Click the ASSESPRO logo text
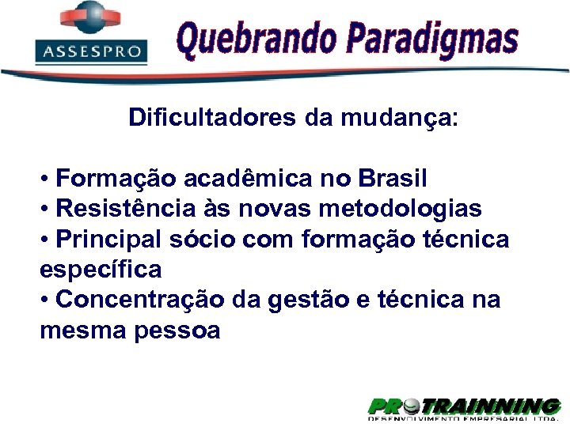(91, 53)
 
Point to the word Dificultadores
(211, 119)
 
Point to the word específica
(101, 270)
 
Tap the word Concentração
(142, 300)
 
